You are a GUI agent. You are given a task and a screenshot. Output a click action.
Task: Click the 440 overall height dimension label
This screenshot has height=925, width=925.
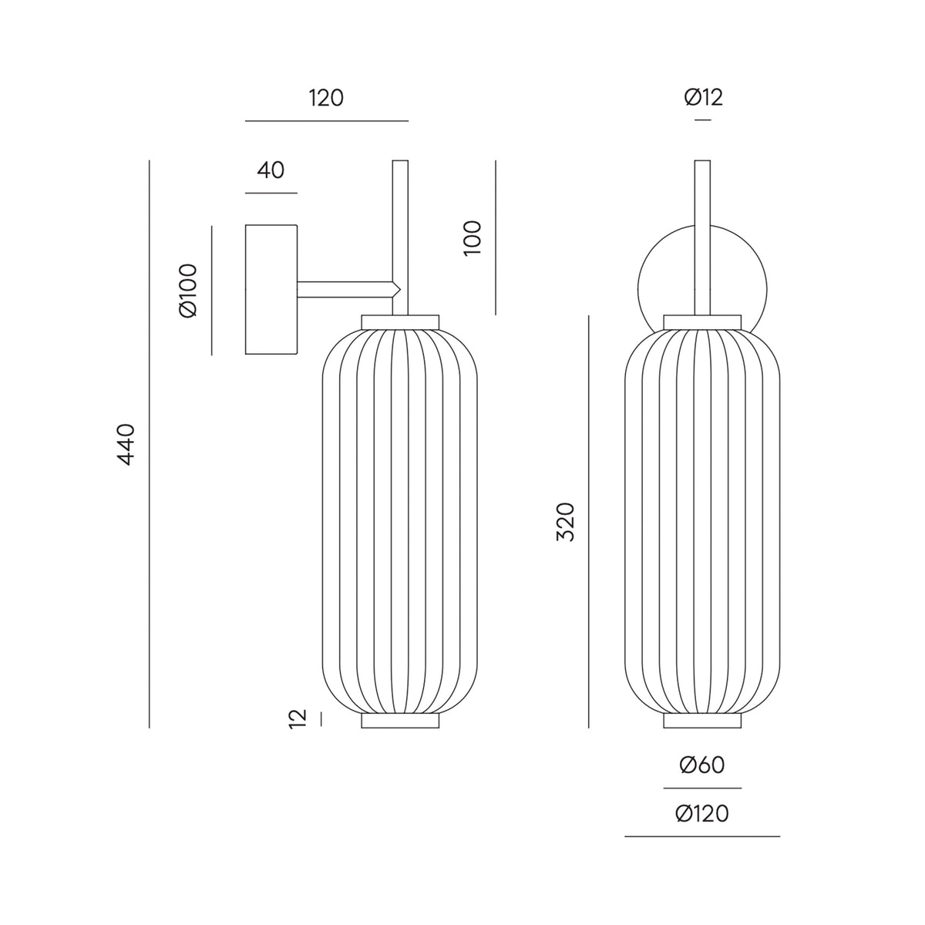coord(126,445)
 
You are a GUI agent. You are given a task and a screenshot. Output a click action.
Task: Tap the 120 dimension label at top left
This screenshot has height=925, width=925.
coord(326,99)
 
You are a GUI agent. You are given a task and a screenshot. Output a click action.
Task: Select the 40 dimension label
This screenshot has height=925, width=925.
coord(271,170)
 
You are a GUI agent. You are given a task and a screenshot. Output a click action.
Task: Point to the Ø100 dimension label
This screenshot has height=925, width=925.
coord(187,291)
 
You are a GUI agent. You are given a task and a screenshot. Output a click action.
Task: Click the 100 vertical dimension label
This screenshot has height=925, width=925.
coord(473,238)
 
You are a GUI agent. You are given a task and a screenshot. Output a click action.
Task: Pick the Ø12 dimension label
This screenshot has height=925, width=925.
coord(703,97)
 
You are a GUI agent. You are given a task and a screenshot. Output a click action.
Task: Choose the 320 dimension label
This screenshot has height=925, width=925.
coord(566,523)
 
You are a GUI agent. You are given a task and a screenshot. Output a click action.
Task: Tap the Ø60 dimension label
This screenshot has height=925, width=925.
coord(702,765)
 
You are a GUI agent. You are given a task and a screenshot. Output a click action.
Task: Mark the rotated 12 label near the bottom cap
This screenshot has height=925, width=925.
coord(298,719)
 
